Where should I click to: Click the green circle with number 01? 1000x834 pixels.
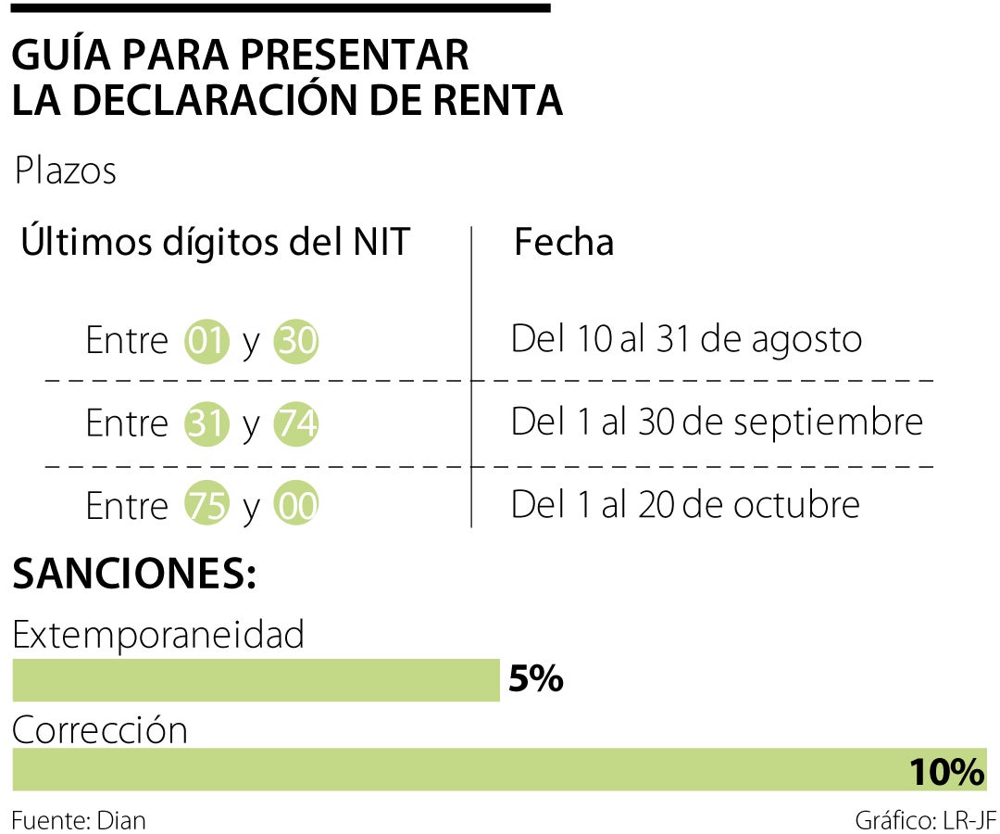(x=206, y=342)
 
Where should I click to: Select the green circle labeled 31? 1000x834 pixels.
(x=206, y=423)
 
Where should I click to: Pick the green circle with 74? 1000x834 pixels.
(x=297, y=423)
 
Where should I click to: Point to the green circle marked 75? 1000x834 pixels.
(x=206, y=505)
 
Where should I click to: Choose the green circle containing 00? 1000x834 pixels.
(x=297, y=505)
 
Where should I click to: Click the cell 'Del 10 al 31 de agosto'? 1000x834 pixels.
(x=686, y=339)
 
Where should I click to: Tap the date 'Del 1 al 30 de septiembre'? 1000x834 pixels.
(x=717, y=422)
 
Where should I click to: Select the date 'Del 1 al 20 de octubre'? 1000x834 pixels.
(x=685, y=505)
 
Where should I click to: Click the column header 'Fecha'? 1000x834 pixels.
(x=564, y=243)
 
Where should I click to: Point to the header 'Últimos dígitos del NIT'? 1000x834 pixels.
(x=215, y=243)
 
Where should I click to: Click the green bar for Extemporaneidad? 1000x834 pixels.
(x=256, y=680)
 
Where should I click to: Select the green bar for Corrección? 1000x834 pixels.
(x=454, y=769)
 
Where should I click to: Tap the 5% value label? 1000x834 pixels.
(x=536, y=680)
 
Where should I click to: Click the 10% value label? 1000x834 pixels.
(x=945, y=771)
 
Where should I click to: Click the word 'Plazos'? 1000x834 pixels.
(x=66, y=171)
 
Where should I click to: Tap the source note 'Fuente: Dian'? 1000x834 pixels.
(x=79, y=821)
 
